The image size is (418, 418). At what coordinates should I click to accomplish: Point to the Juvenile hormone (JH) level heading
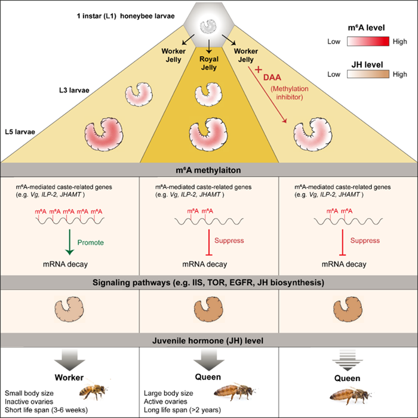coord(209,341)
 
